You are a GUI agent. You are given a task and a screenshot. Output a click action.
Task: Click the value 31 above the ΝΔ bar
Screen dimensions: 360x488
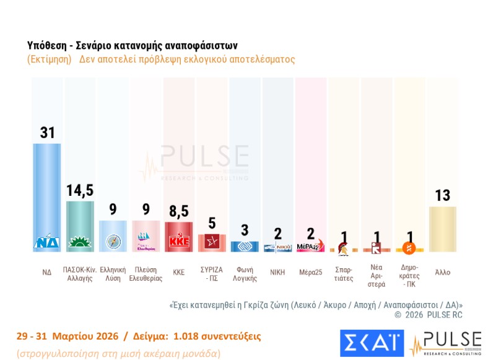[x=48, y=133]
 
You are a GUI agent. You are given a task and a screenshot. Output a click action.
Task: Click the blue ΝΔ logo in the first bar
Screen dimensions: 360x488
[x=48, y=242]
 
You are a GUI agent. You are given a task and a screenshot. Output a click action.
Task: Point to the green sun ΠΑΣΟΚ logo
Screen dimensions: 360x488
[x=80, y=242]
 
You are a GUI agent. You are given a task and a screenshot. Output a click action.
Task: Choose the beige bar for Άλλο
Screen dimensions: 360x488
[x=442, y=229]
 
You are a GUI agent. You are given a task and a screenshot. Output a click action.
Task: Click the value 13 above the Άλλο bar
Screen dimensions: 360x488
[x=442, y=196]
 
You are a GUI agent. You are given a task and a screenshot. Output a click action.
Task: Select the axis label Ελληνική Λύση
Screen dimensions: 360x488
[x=113, y=274]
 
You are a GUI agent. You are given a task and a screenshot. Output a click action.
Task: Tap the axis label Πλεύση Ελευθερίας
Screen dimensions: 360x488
[x=146, y=274]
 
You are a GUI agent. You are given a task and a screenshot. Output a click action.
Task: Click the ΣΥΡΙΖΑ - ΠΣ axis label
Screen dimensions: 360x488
[x=212, y=274]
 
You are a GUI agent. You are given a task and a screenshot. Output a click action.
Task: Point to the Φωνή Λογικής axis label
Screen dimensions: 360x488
[x=245, y=274]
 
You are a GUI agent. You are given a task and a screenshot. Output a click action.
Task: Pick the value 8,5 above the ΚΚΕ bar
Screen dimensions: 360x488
[x=179, y=211]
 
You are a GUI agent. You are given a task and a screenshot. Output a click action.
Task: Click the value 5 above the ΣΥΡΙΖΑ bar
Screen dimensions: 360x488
[x=212, y=223]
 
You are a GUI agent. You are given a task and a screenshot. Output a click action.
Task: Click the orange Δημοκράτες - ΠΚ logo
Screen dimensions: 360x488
[x=409, y=248]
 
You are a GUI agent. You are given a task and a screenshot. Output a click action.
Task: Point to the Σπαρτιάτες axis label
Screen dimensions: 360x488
[x=343, y=274]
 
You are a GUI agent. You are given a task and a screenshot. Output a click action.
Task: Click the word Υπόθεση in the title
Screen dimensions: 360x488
[x=47, y=46]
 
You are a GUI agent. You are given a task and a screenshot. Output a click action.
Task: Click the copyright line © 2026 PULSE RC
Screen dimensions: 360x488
[x=428, y=315]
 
